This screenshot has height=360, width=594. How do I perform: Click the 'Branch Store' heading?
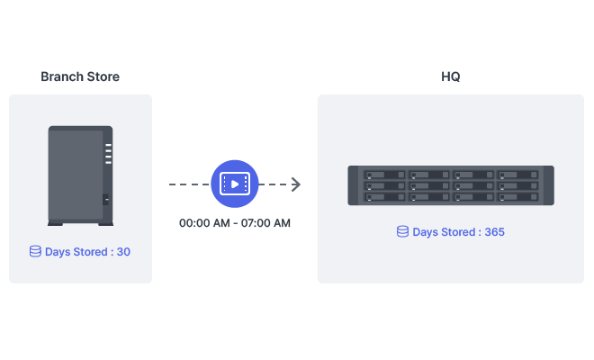pyautogui.click(x=80, y=76)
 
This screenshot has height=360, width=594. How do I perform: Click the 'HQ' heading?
pyautogui.click(x=450, y=76)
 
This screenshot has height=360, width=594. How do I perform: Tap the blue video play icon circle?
pyautogui.click(x=234, y=184)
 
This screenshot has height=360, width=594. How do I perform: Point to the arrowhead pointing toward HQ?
pyautogui.click(x=295, y=184)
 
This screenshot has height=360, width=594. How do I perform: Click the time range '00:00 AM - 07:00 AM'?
pyautogui.click(x=235, y=222)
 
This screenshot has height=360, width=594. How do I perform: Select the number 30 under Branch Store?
pyautogui.click(x=123, y=252)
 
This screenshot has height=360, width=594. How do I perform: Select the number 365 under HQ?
pyautogui.click(x=494, y=232)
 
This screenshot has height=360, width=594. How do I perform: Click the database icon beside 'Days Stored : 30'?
pyautogui.click(x=35, y=252)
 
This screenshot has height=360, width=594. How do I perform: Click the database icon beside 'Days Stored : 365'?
pyautogui.click(x=402, y=232)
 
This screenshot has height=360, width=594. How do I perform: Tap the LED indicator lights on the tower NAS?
pyautogui.click(x=107, y=154)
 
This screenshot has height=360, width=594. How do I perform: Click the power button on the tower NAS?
pyautogui.click(x=106, y=199)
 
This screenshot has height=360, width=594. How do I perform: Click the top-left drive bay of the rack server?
pyautogui.click(x=384, y=175)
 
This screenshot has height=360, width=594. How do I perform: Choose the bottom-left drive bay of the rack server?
pyautogui.click(x=384, y=196)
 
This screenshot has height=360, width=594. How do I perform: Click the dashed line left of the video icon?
pyautogui.click(x=189, y=184)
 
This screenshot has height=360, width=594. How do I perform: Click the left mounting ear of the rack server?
pyautogui.click(x=354, y=185)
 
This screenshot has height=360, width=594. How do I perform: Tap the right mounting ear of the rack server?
pyautogui.click(x=549, y=185)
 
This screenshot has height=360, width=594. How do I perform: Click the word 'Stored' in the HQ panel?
pyautogui.click(x=458, y=232)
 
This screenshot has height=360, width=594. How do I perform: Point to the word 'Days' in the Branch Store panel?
pyautogui.click(x=58, y=252)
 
